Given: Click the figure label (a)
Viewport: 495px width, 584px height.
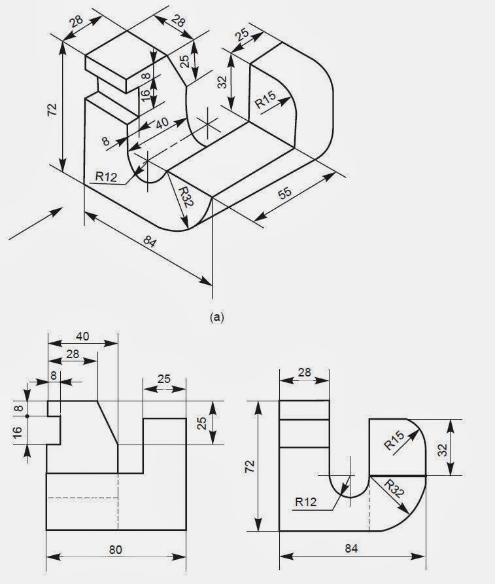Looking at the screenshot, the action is [217, 317].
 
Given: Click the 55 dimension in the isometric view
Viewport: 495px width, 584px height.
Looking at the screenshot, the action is [285, 193].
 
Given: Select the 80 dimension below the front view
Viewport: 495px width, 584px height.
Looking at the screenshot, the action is [116, 550].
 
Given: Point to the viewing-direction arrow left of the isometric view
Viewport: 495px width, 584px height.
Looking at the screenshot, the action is [36, 223].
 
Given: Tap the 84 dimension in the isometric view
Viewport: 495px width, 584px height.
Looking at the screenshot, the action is [150, 242].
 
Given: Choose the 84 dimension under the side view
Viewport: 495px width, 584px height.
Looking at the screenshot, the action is [351, 548].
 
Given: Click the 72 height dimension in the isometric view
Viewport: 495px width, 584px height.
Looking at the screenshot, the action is [52, 109].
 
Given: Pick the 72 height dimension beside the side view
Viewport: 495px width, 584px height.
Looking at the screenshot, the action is [250, 466].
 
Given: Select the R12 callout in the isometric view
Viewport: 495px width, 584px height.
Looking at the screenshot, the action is [106, 176].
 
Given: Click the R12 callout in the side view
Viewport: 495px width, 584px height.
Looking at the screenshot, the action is [306, 502].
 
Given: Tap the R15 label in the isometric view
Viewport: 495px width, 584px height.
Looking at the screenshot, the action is [265, 100].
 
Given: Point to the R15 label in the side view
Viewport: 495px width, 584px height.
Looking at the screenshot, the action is [394, 440].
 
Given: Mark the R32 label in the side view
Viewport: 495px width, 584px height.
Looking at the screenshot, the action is [394, 489].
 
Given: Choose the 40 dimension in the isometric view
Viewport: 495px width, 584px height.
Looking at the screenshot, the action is [162, 123].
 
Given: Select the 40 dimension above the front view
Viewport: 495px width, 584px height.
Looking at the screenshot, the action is [82, 337].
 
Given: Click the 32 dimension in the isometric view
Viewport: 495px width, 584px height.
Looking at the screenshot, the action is [222, 82].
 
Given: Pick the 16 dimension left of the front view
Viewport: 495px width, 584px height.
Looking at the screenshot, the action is [17, 431].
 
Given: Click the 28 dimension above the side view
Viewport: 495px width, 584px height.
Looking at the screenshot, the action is [304, 372].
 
